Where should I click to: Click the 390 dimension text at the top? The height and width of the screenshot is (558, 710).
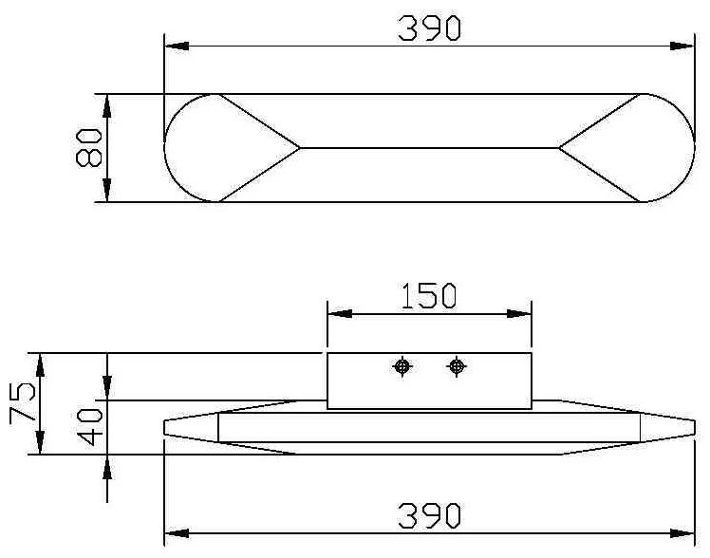point(429,28)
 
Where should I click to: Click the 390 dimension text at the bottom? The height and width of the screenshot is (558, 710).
point(429,515)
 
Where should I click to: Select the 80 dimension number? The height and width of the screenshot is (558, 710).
point(89,147)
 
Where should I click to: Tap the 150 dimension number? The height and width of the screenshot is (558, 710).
point(429,296)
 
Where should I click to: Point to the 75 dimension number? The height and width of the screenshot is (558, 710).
point(21,401)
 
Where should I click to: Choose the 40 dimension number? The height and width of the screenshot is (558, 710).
point(89,426)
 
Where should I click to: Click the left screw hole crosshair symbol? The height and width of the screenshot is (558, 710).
point(402,366)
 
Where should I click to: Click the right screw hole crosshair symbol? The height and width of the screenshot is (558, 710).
point(457,366)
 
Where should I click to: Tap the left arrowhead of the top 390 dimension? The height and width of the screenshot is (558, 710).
point(177,46)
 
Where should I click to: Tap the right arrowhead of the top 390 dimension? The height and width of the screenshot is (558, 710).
point(682,46)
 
